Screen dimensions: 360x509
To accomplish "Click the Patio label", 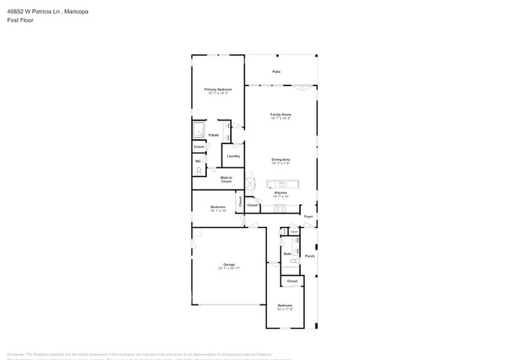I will point(276,72).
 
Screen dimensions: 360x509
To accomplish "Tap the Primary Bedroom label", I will point(218,89).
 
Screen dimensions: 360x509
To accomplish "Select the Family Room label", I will point(280,115).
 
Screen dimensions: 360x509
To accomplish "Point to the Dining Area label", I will point(280,160).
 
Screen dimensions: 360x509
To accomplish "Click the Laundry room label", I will point(233,156).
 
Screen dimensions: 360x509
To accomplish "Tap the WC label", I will point(198,161).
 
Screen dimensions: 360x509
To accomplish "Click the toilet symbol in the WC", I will point(199,169).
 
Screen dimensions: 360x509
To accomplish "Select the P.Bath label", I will point(213,135).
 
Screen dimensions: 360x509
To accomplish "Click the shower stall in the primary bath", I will point(199,130).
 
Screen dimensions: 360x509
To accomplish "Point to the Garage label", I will point(229,265).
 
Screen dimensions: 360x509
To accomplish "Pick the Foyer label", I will point(309,217).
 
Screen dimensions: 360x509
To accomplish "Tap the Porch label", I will point(310,256).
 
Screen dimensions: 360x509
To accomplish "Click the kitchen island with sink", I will point(281,185).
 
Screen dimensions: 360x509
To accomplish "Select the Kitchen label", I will point(280,192).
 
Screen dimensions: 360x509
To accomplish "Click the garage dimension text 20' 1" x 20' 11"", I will point(229,268).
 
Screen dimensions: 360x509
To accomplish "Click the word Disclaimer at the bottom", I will point(17,353).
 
